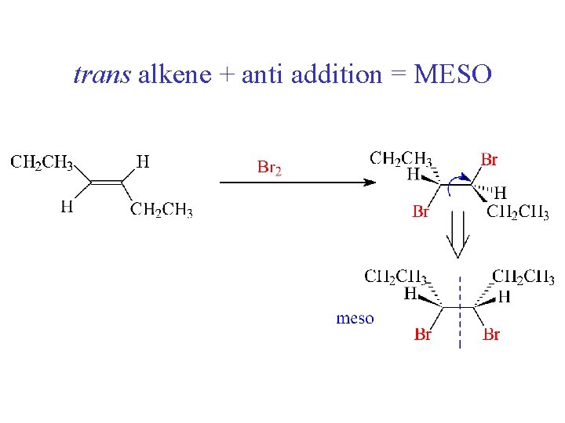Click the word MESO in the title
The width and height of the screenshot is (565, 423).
[x=453, y=75]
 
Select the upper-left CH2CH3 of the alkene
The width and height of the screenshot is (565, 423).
[x=42, y=163]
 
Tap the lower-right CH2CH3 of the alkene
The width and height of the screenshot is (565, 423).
[x=161, y=209]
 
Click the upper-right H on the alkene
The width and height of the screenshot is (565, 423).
[x=143, y=162]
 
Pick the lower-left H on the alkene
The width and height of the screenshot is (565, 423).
[x=67, y=207]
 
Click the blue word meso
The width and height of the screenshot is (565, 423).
[x=355, y=318]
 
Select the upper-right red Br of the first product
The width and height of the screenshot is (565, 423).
[x=489, y=161]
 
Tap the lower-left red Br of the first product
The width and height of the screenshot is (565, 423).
[x=421, y=211]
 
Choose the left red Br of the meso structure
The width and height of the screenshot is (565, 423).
[x=423, y=335]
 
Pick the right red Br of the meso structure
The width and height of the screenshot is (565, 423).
[x=491, y=335]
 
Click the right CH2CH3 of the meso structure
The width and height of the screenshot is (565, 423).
[x=523, y=277]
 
